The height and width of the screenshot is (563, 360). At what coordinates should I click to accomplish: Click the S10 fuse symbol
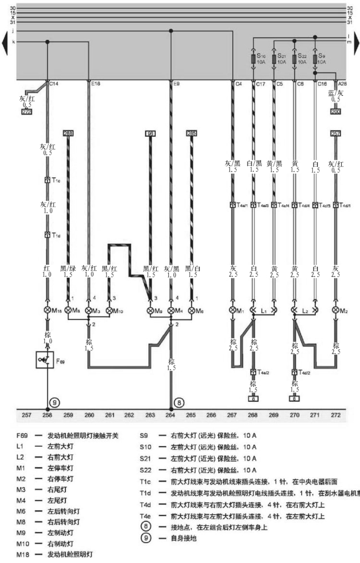pos(253,59)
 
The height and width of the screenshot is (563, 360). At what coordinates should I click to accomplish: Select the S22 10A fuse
pos(294,59)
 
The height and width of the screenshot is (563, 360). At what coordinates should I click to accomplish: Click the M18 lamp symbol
pos(48,311)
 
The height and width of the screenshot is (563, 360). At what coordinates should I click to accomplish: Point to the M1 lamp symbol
pos(233,311)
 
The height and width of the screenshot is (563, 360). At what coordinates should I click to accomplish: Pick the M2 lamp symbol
pos(335,311)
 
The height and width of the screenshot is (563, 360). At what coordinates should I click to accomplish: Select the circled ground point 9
pos(55,402)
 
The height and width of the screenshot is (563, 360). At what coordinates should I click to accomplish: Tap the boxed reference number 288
pos(69,133)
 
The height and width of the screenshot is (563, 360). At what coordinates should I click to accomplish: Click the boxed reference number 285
pos(192,133)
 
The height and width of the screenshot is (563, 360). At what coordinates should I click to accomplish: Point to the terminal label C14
pos(54,85)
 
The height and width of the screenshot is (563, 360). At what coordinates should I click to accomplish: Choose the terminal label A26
pos(342,85)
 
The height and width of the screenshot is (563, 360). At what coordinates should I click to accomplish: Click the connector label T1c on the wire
pos(55,180)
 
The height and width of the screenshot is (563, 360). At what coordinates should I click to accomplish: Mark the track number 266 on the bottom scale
pos(212,414)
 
